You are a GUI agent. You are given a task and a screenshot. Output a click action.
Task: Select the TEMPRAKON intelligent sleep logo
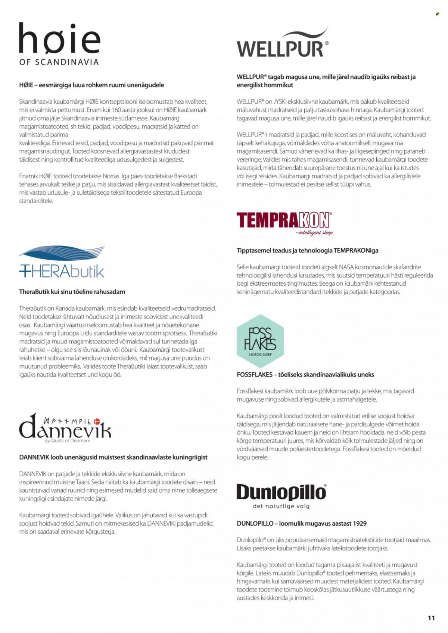click(x=284, y=223)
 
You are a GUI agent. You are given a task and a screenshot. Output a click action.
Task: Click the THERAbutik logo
click(x=62, y=263)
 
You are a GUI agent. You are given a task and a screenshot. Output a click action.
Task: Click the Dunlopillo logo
click(x=281, y=493)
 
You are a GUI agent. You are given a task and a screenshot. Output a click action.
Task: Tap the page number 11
click(x=431, y=618)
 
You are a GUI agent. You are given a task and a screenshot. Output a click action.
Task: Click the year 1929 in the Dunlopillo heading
click(x=359, y=523)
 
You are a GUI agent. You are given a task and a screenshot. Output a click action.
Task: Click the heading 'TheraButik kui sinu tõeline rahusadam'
click(x=72, y=292)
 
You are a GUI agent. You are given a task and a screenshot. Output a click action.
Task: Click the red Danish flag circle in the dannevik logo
click(x=97, y=421)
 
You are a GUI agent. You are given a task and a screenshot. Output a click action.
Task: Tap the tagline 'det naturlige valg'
click(x=281, y=506)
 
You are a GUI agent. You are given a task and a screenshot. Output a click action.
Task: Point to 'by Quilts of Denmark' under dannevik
click(x=67, y=441)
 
